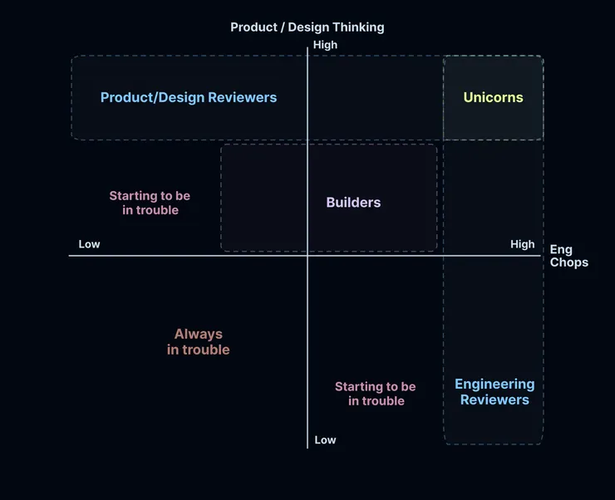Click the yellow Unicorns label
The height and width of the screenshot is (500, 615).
(493, 97)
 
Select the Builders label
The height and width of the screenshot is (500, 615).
(353, 203)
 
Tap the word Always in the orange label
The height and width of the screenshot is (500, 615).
(199, 334)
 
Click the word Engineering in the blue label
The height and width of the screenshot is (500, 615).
(494, 385)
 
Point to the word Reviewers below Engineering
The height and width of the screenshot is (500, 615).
(494, 400)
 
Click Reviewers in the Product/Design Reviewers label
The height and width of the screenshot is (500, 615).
(242, 97)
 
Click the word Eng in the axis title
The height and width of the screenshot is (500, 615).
(561, 250)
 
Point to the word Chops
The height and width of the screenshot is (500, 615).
(568, 262)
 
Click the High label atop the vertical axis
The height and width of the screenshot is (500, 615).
(325, 45)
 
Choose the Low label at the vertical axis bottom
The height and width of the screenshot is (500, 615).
(325, 439)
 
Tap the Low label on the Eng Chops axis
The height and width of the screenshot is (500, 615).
(89, 244)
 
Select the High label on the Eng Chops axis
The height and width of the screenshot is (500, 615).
(522, 244)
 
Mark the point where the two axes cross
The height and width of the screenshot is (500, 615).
(307, 256)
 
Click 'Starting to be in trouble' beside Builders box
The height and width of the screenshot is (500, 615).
(150, 203)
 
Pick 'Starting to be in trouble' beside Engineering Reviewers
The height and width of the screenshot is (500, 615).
(376, 394)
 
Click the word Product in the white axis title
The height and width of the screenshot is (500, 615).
(253, 27)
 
